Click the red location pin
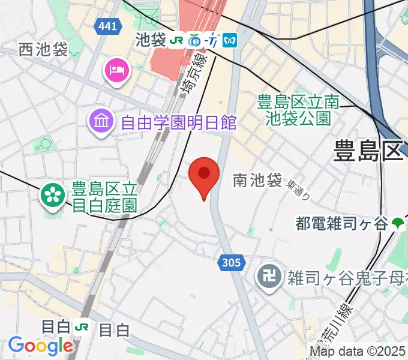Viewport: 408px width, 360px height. pos(203,175)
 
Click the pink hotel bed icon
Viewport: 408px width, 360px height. pos(116,70)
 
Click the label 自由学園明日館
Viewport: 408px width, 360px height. pos(178,123)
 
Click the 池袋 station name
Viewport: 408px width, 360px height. pos(151,40)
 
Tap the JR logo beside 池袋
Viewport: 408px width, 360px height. pos(177,40)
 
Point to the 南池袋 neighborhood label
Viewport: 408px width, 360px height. pos(257,179)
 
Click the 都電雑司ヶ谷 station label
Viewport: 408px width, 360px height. pos(341,224)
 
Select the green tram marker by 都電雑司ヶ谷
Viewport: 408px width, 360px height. pos(397,224)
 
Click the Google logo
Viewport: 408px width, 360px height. pos(40,345)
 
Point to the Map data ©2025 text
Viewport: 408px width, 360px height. pos(358,352)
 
